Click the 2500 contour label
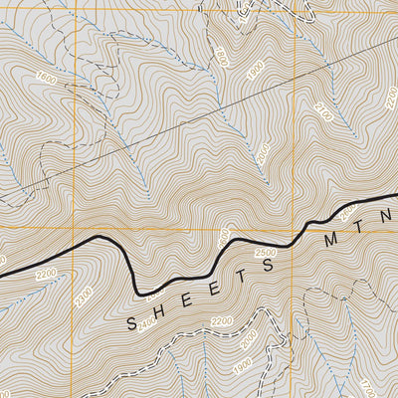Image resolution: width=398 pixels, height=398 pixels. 265,256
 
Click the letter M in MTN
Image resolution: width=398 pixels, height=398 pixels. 326,243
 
